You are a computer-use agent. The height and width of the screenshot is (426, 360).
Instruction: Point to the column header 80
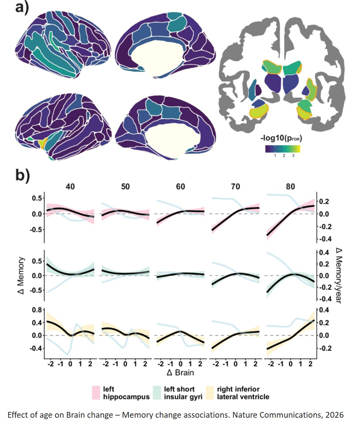[291, 187]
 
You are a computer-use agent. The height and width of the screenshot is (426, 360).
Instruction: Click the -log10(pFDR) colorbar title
[281, 139]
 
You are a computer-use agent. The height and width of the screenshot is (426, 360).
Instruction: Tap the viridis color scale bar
[283, 148]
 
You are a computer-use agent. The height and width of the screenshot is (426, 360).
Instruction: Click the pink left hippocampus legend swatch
[96, 393]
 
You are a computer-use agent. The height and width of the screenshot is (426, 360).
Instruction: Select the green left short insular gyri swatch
[157, 393]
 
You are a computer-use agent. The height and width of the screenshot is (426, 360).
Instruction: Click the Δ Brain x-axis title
[180, 372]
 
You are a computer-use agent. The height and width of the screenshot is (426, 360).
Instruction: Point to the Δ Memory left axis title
[21, 275]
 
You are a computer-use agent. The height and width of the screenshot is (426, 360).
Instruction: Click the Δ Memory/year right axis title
[338, 275]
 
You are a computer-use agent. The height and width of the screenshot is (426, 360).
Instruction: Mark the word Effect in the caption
[17, 415]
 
